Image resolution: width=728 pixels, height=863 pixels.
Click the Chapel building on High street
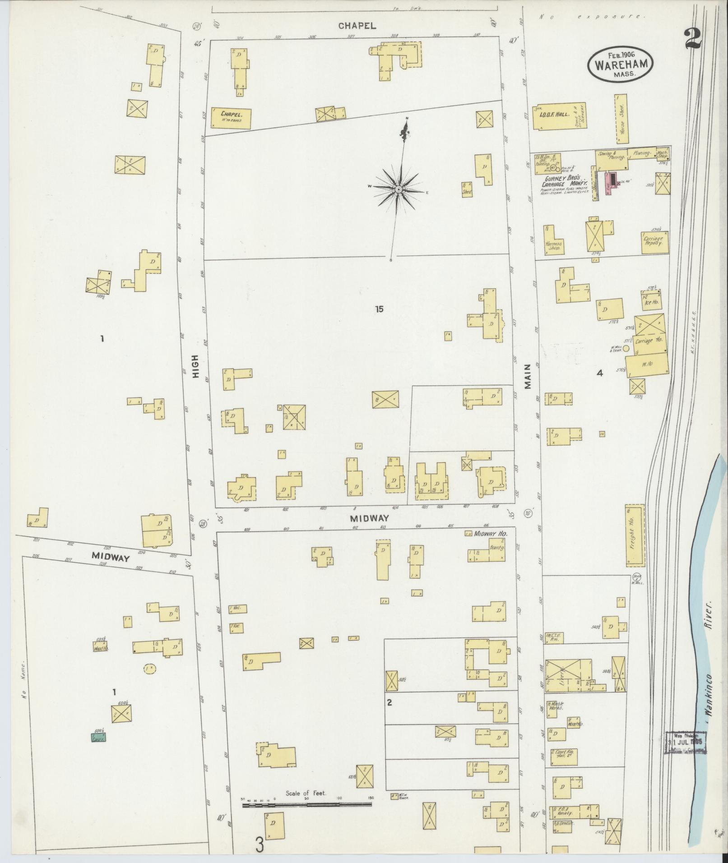click(x=230, y=118)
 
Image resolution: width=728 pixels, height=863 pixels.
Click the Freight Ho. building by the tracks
click(x=634, y=535)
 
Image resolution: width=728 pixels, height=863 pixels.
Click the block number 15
click(x=379, y=309)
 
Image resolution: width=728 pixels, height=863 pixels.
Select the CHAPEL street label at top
click(x=357, y=26)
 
